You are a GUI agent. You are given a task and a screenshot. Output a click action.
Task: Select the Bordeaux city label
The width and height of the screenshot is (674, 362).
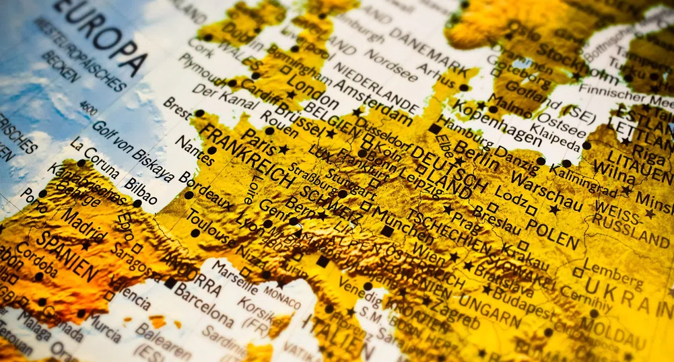click(x=205, y=191)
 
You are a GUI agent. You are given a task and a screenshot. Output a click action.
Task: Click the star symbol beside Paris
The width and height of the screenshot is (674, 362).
click(x=283, y=149)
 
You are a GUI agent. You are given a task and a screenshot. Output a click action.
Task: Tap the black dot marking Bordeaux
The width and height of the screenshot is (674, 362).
click(x=189, y=195)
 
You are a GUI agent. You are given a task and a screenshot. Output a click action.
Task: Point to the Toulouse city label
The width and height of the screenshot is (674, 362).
click(x=213, y=229)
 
